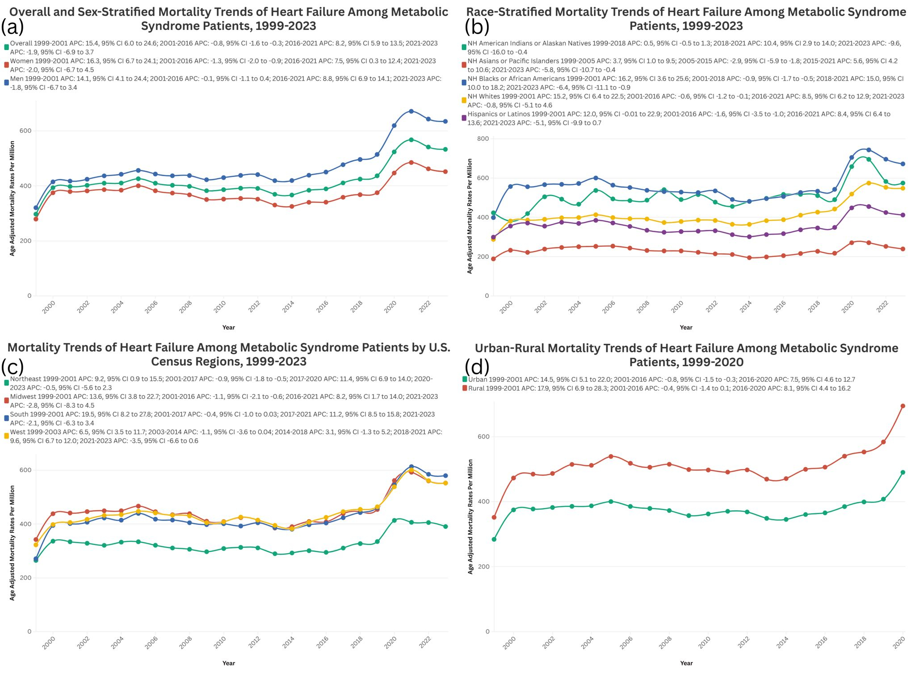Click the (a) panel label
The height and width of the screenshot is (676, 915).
pyautogui.click(x=12, y=27)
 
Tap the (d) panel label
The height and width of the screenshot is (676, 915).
pyautogui.click(x=477, y=367)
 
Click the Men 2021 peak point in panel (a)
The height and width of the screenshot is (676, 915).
pyautogui.click(x=411, y=111)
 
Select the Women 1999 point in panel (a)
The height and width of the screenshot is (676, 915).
pyautogui.click(x=36, y=219)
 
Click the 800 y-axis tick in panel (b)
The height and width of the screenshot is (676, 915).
pyautogui.click(x=483, y=139)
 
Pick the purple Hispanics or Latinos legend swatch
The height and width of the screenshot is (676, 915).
pyautogui.click(x=464, y=118)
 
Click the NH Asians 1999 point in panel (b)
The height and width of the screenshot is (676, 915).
pyautogui.click(x=493, y=259)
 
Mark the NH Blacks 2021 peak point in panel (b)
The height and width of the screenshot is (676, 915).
pyautogui.click(x=869, y=150)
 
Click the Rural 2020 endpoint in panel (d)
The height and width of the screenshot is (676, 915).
pyautogui.click(x=902, y=406)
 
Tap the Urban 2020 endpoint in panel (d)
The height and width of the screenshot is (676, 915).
pyautogui.click(x=902, y=472)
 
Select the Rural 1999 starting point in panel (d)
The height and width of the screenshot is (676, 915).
pyautogui.click(x=494, y=517)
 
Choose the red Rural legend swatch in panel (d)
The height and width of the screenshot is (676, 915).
pyautogui.click(x=465, y=389)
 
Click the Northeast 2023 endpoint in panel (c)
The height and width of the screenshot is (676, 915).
pyautogui.click(x=445, y=526)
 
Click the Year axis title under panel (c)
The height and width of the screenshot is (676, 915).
pyautogui.click(x=228, y=663)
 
